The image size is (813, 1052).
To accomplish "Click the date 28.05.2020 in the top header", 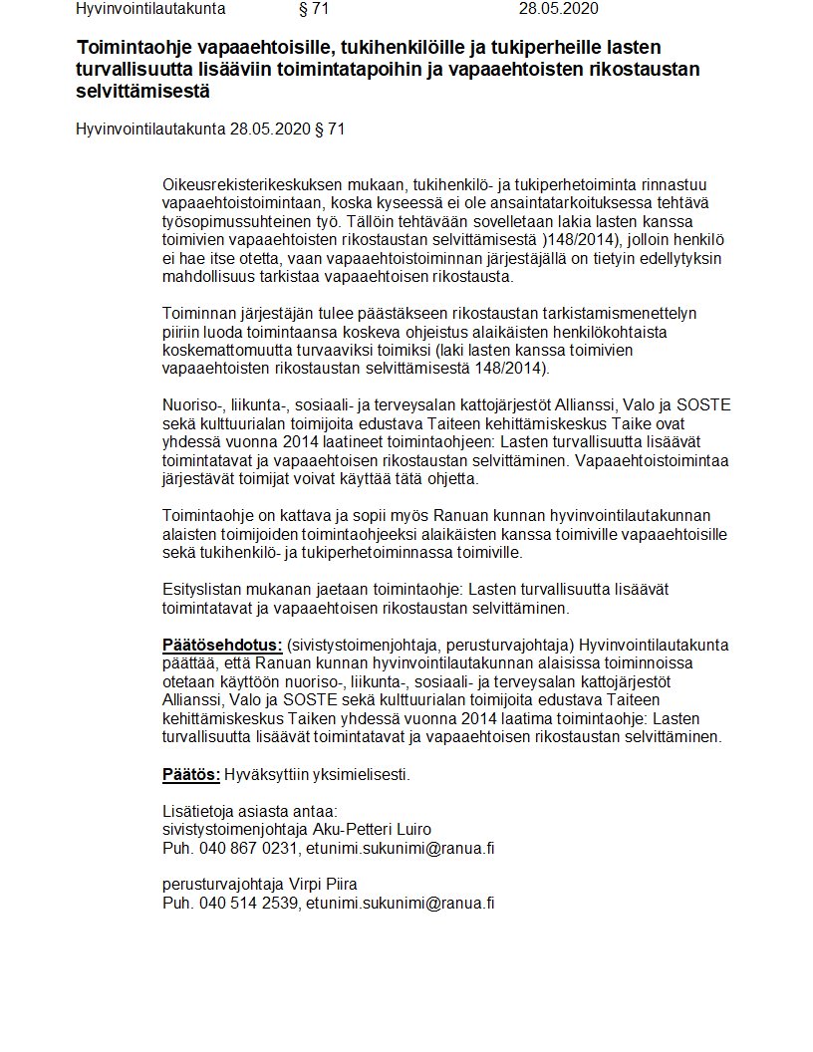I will pyautogui.click(x=559, y=9).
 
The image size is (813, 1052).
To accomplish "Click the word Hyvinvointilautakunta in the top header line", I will pyautogui.click(x=150, y=9).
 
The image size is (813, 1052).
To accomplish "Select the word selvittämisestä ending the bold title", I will pyautogui.click(x=143, y=92).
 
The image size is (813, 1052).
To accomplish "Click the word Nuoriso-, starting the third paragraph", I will pyautogui.click(x=193, y=404).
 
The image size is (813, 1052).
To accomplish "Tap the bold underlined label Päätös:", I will pyautogui.click(x=191, y=774).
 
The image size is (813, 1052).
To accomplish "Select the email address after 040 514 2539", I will pyautogui.click(x=401, y=903).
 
